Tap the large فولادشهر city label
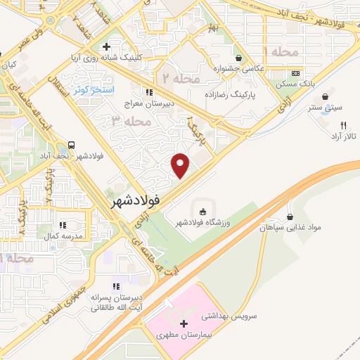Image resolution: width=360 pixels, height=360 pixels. (136, 200)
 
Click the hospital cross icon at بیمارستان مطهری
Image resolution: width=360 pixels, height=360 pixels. (184, 324)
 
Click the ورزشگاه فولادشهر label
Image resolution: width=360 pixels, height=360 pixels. (202, 223)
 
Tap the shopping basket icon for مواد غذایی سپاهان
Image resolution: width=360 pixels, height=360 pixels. (290, 217)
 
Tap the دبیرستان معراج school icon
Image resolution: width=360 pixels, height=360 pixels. (148, 91)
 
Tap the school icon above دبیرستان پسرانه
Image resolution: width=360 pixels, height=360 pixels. (116, 286)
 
